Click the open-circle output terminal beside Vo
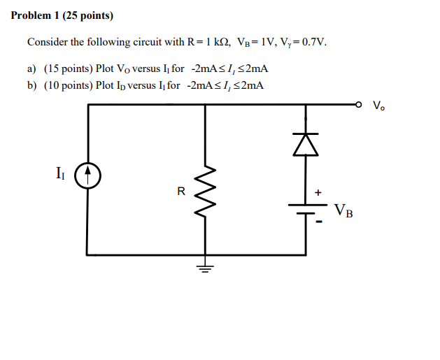point(359,106)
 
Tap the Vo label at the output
point(378,107)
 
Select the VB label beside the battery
point(343,210)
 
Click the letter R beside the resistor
point(181,191)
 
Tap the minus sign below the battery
point(319,223)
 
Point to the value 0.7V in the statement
point(311,43)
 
